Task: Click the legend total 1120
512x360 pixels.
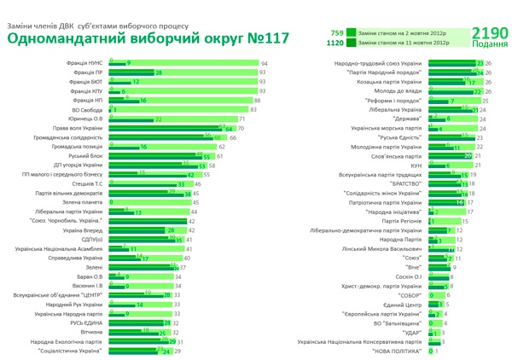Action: pyautogui.click(x=335, y=42)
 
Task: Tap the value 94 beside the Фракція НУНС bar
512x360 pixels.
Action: pyautogui.click(x=265, y=64)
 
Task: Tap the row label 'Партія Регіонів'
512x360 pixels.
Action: pyautogui.click(x=403, y=221)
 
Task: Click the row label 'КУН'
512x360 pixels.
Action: pyautogui.click(x=416, y=165)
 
